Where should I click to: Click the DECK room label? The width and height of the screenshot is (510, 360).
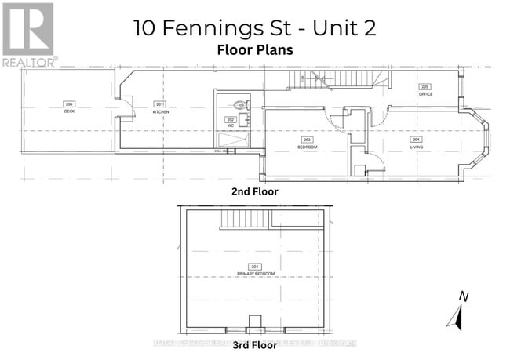click(x=69, y=111)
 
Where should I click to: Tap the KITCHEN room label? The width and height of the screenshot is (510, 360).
click(x=161, y=111)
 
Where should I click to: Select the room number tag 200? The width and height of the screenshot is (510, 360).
click(x=69, y=104)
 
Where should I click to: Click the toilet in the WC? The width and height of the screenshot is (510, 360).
click(x=241, y=104)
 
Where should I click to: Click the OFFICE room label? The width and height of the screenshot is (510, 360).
click(x=425, y=94)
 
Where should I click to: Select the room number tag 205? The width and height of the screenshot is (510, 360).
click(x=425, y=86)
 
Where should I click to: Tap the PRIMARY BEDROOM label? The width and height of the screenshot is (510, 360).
click(x=253, y=272)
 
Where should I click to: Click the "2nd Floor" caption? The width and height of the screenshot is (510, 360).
click(x=254, y=191)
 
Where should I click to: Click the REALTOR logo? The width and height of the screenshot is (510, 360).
click(x=28, y=35)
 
